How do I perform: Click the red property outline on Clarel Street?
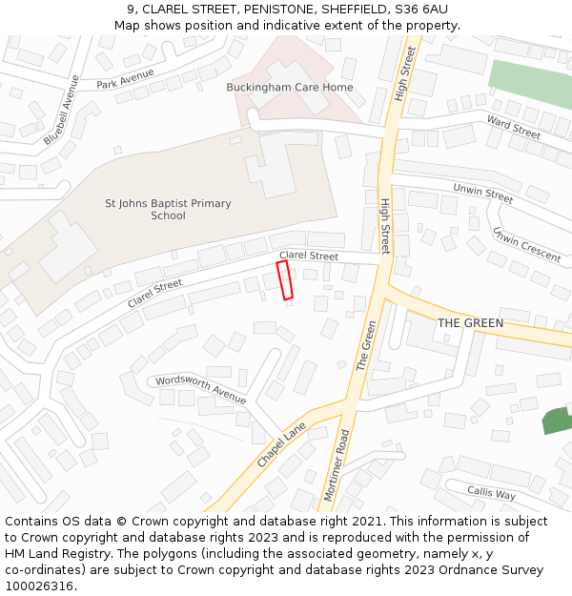pyautogui.click(x=284, y=280)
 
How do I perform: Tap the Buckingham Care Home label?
pyautogui.click(x=290, y=88)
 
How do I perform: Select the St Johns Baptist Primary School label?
pyautogui.click(x=168, y=209)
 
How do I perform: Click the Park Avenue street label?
pyautogui.click(x=125, y=78)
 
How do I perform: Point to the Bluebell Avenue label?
pyautogui.click(x=62, y=110)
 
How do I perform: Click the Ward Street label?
pyautogui.click(x=513, y=127)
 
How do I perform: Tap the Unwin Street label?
pyautogui.click(x=482, y=194)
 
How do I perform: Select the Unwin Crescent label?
pyautogui.click(x=526, y=243)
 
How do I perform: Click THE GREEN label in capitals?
pyautogui.click(x=470, y=323)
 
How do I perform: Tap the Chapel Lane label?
pyautogui.click(x=281, y=444)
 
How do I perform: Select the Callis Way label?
pyautogui.click(x=491, y=494)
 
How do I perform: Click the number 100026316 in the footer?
pyautogui.click(x=39, y=586)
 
